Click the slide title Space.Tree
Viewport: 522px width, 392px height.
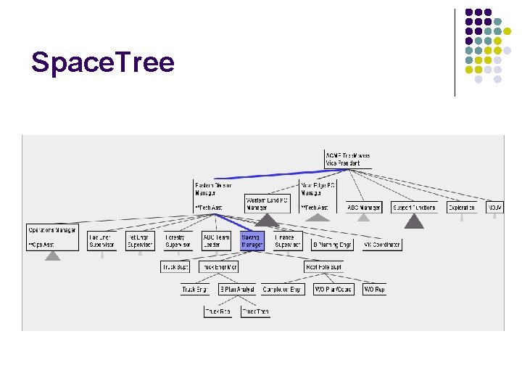point(103,63)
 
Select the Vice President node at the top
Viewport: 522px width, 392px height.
point(348,160)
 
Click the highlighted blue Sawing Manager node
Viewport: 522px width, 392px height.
point(252,241)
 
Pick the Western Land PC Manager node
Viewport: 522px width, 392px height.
point(267,203)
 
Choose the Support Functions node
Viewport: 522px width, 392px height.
point(415,208)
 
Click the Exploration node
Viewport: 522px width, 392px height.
point(462,208)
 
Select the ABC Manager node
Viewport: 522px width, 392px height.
point(364,208)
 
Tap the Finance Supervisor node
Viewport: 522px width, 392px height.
point(289,241)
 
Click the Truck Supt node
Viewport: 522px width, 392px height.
point(175,267)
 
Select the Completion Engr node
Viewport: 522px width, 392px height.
point(282,290)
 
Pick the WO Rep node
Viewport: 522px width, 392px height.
point(374,290)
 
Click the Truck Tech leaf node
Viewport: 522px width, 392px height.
point(255,311)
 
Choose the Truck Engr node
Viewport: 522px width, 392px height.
point(195,290)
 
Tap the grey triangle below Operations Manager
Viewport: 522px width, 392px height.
point(52,255)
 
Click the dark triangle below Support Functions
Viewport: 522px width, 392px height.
point(414,221)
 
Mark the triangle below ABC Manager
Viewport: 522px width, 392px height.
point(364,217)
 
